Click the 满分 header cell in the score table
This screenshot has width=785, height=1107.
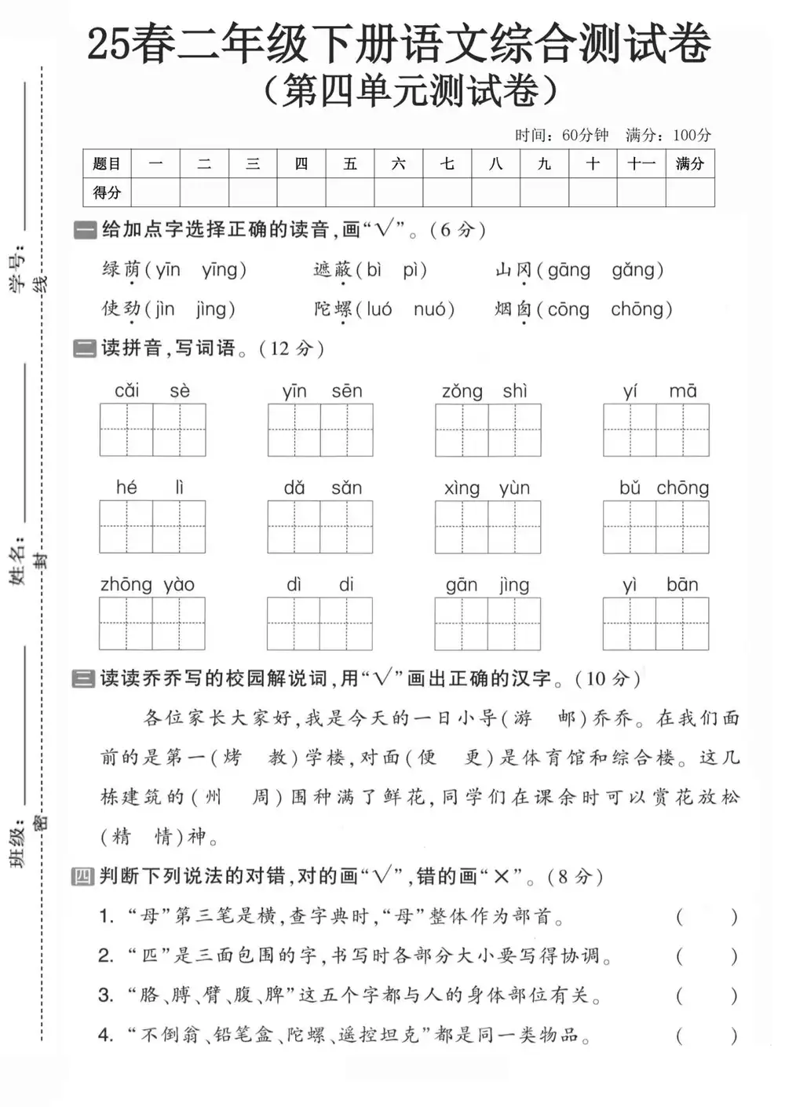click(x=690, y=163)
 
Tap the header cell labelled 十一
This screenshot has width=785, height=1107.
click(x=641, y=163)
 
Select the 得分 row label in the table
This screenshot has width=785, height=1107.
click(x=107, y=192)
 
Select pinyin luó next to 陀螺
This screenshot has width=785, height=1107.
click(x=378, y=309)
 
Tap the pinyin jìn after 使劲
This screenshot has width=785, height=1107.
click(x=164, y=309)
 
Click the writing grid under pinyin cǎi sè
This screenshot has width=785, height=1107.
click(x=152, y=429)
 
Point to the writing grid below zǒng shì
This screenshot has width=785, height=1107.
click(x=488, y=429)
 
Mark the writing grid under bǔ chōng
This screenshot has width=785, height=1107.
click(x=656, y=527)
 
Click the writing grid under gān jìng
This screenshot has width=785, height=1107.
click(x=487, y=623)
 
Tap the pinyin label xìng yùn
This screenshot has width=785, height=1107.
click(x=487, y=488)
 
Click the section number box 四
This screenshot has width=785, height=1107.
click(x=82, y=876)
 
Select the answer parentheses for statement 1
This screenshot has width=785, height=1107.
click(x=706, y=916)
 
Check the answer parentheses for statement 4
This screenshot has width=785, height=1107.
click(x=706, y=1036)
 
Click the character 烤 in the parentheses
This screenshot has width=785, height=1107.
click(x=232, y=758)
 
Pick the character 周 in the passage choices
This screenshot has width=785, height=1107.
click(x=261, y=797)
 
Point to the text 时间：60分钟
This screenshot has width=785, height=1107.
click(x=562, y=135)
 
